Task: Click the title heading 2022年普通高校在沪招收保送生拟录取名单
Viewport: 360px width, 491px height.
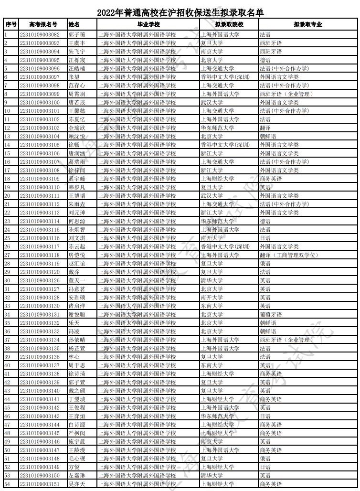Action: pyautogui.click(x=180, y=12)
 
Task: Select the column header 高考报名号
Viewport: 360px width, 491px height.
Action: pyautogui.click(x=43, y=24)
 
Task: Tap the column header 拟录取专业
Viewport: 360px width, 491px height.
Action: pyautogui.click(x=307, y=24)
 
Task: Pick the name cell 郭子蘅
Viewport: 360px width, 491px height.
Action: pyautogui.click(x=76, y=35)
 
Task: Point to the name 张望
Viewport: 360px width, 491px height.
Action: pyautogui.click(x=74, y=77)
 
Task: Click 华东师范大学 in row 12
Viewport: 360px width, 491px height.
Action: pyautogui.click(x=217, y=128)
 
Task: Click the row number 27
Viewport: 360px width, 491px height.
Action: pyautogui.click(x=7, y=255)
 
